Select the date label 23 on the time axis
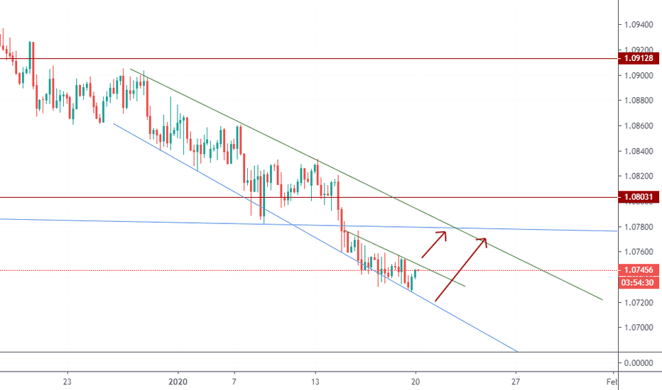[67, 380]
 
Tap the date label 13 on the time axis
[315, 380]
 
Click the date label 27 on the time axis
[516, 380]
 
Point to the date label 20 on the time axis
[416, 380]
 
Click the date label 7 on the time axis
[234, 380]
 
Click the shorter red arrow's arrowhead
[445, 234]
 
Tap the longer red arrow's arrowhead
[485, 240]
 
